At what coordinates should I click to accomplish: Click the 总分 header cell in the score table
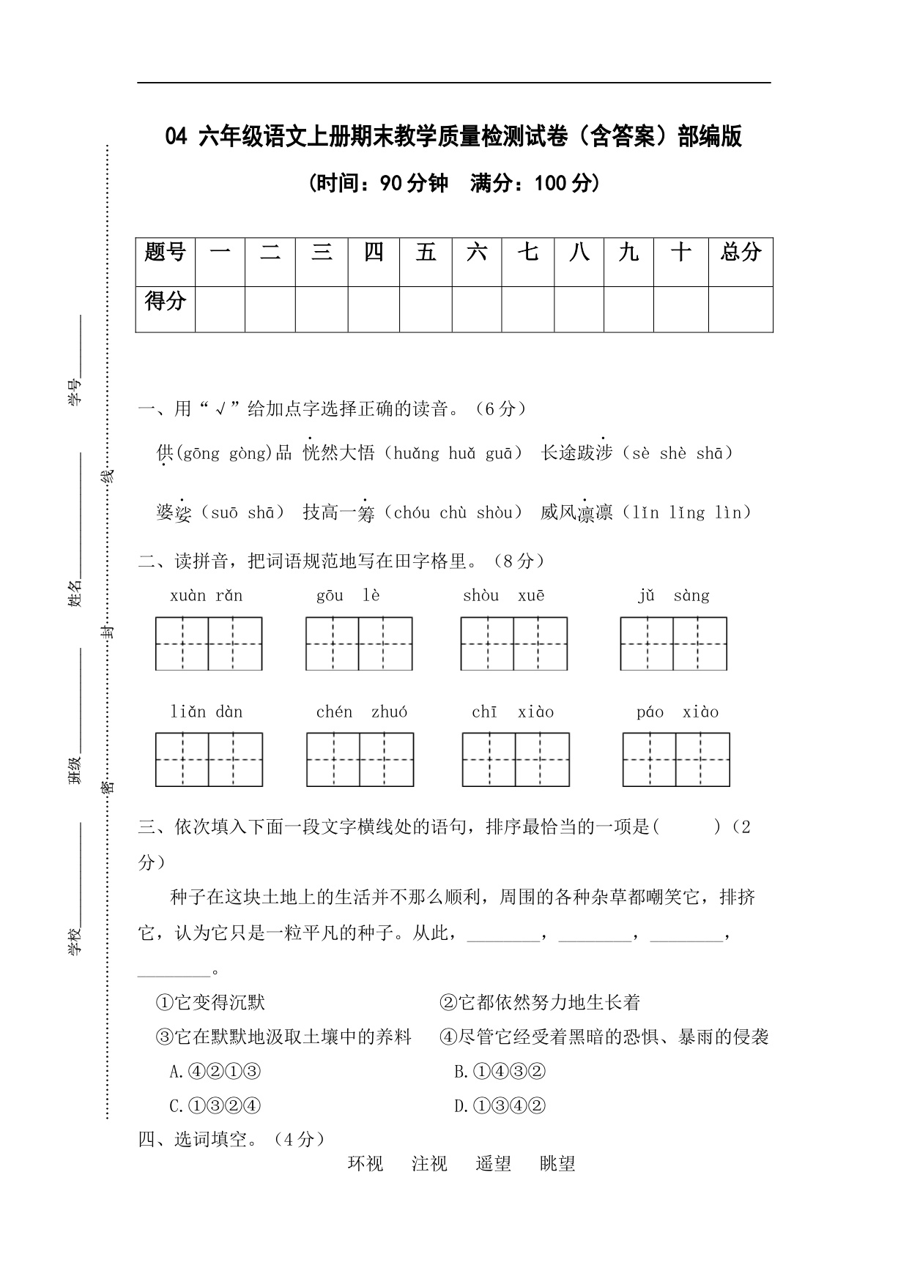click(741, 253)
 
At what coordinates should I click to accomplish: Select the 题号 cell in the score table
click(165, 253)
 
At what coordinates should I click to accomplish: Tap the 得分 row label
click(165, 301)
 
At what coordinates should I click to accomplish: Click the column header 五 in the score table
click(426, 253)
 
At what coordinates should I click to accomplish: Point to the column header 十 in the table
click(680, 253)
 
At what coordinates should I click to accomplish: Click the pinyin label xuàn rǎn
click(206, 596)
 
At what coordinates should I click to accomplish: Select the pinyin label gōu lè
click(348, 596)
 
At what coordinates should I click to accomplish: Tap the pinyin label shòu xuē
click(503, 596)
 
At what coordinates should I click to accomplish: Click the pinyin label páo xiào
click(678, 712)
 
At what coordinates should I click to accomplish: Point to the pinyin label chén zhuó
click(362, 712)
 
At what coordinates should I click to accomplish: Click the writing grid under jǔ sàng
click(673, 643)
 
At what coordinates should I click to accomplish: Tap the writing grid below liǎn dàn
click(209, 760)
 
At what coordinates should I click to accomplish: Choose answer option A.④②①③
click(215, 1072)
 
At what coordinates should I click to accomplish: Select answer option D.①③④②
click(500, 1106)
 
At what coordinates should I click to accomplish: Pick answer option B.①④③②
click(500, 1072)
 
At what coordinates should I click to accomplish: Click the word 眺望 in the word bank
click(557, 1164)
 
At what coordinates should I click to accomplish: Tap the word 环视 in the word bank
click(365, 1164)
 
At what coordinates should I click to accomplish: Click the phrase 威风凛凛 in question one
click(576, 512)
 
